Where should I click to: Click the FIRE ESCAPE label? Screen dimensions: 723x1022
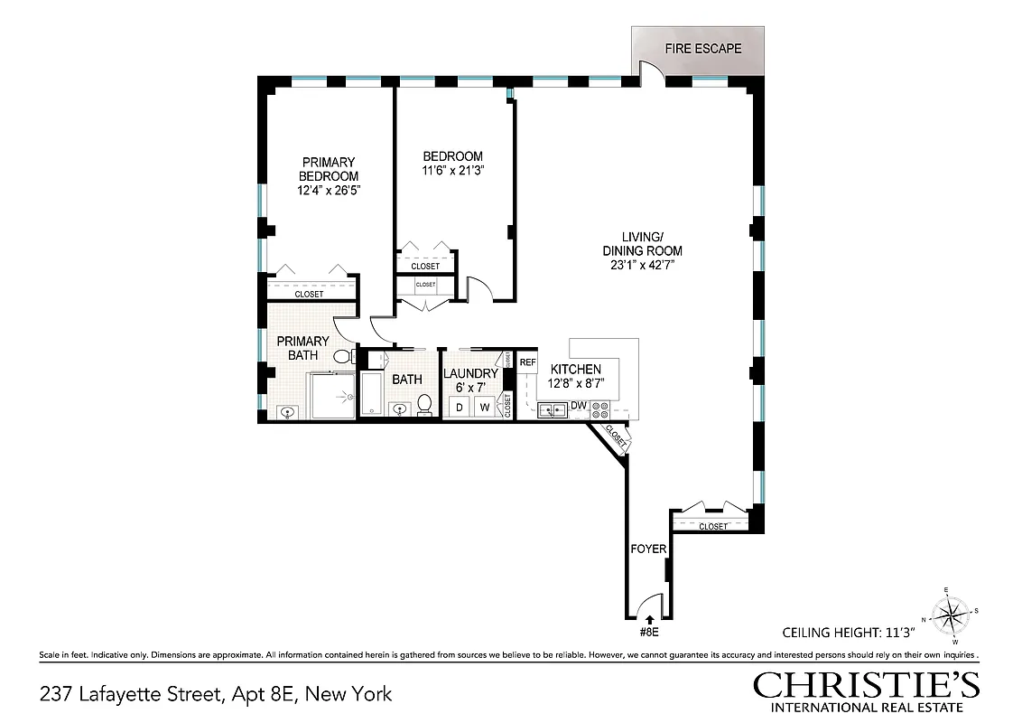pyautogui.click(x=702, y=48)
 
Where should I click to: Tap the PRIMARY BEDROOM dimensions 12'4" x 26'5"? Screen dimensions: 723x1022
pyautogui.click(x=329, y=191)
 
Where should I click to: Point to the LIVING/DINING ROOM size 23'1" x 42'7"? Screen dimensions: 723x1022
pyautogui.click(x=642, y=266)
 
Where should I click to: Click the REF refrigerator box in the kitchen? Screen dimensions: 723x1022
pyautogui.click(x=528, y=362)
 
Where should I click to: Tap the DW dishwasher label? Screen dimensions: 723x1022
pyautogui.click(x=579, y=405)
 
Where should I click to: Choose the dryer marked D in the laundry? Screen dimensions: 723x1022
pyautogui.click(x=459, y=408)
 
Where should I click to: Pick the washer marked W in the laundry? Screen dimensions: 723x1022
pyautogui.click(x=484, y=408)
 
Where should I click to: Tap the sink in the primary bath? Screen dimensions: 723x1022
pyautogui.click(x=287, y=413)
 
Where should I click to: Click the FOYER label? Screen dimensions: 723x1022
pyautogui.click(x=647, y=549)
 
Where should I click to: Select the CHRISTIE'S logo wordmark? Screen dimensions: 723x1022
pyautogui.click(x=866, y=685)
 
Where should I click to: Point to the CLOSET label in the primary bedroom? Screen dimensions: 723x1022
pyautogui.click(x=310, y=295)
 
